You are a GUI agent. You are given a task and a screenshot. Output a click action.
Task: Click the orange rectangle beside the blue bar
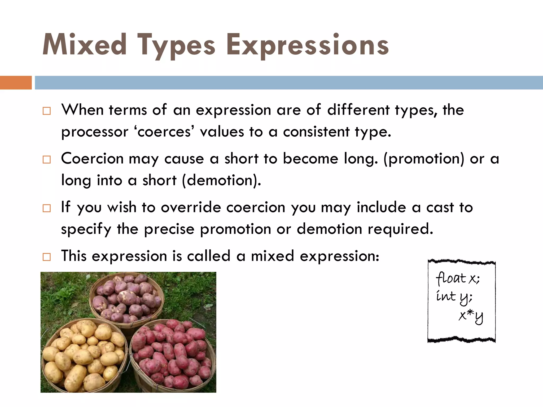pyautogui.click(x=16, y=82)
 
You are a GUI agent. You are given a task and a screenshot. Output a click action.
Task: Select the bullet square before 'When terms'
pyautogui.click(x=47, y=111)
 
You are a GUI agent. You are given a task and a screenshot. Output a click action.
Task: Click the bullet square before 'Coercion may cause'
pyautogui.click(x=47, y=160)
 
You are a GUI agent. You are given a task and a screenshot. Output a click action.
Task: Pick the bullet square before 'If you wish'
pyautogui.click(x=47, y=208)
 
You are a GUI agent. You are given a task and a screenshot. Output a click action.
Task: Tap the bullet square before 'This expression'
pyautogui.click(x=47, y=257)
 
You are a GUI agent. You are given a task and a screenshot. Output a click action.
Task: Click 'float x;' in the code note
pyautogui.click(x=458, y=278)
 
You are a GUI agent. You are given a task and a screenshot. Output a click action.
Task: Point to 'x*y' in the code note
pyautogui.click(x=471, y=316)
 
